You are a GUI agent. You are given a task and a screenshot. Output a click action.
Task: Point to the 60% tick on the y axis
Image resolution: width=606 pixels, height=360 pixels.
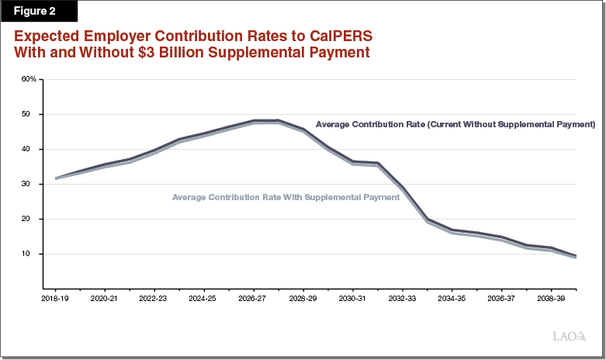click(x=29, y=79)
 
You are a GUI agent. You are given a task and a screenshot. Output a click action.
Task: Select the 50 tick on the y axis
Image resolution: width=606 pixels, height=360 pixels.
click(x=31, y=114)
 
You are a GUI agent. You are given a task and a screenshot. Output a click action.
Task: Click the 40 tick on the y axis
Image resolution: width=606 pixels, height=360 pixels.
click(x=31, y=149)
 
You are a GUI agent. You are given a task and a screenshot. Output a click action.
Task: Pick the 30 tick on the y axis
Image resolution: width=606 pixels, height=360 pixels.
click(x=31, y=184)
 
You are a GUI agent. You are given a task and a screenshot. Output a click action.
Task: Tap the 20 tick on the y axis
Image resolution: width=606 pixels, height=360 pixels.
click(x=31, y=219)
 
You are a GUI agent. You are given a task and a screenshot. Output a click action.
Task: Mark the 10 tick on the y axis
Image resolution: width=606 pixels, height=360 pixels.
click(x=31, y=254)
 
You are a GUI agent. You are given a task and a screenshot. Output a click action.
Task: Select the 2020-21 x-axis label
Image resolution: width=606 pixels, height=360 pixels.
click(x=103, y=298)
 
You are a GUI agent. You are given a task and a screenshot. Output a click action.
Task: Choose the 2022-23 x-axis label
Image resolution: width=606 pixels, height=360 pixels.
click(x=153, y=298)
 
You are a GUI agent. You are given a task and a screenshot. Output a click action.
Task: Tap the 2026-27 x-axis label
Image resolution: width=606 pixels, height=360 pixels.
click(x=253, y=298)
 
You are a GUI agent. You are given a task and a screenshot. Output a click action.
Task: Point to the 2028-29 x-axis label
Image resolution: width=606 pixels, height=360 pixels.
click(x=303, y=298)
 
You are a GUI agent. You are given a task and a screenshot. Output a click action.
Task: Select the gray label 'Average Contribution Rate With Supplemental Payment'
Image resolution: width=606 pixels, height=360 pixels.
click(x=286, y=197)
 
